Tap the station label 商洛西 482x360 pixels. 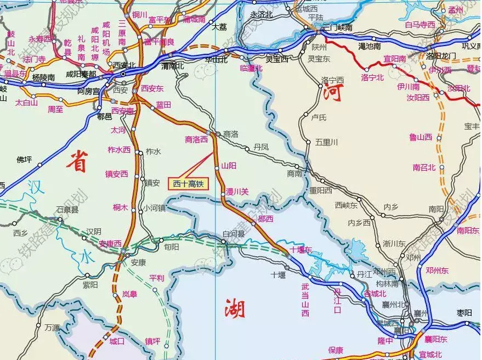pos(196,139)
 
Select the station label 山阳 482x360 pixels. pos(229,165)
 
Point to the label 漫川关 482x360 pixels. pos(237,192)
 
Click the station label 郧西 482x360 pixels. pos(265,218)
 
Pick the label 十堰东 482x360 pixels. pos(300,250)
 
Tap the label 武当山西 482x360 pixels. pos(305,300)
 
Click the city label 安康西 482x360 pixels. pos(110,243)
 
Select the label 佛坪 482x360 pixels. pos(25,160)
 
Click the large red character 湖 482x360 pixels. pos(234,310)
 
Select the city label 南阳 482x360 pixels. pos(436,209)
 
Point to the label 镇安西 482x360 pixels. pos(117,174)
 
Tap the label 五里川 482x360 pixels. pos(326,142)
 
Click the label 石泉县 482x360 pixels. pos(67,210)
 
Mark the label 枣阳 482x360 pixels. pos(464,313)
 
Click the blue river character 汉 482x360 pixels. pos(36,185)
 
